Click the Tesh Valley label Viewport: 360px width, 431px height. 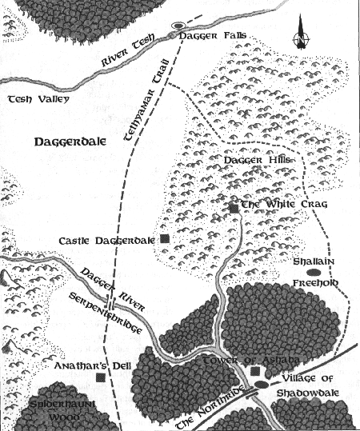click(x=38, y=99)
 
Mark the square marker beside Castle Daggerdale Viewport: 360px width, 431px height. click(x=165, y=238)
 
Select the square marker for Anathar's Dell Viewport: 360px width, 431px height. click(x=100, y=377)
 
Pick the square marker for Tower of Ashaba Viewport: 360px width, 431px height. click(x=255, y=371)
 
